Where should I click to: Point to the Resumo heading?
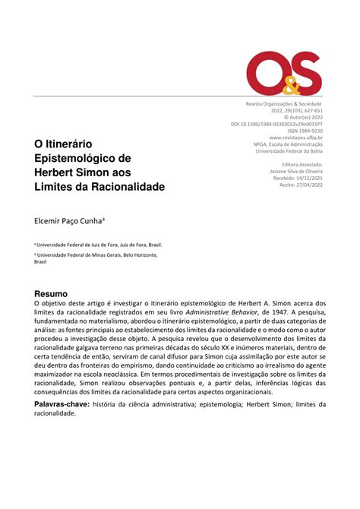coord(52,293)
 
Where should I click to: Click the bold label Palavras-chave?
coord(62,405)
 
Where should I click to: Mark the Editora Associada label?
coord(302,164)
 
